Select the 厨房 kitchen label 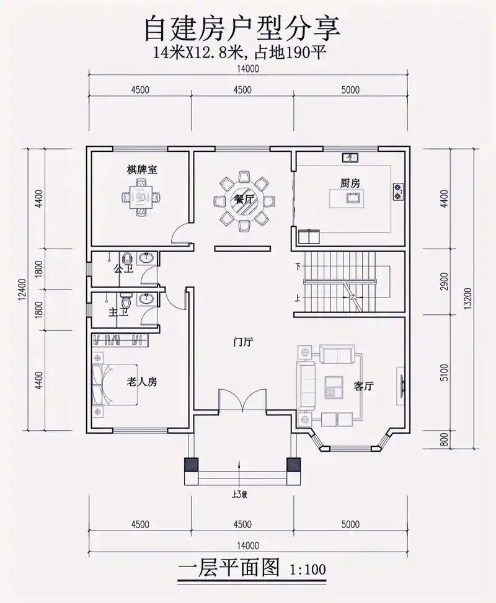[x=350, y=183]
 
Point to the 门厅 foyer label [x=242, y=341]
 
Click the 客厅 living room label [x=363, y=386]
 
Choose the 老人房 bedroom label [x=142, y=382]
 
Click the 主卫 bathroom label [x=118, y=312]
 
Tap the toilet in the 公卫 [x=128, y=259]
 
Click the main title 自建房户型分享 [x=242, y=28]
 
